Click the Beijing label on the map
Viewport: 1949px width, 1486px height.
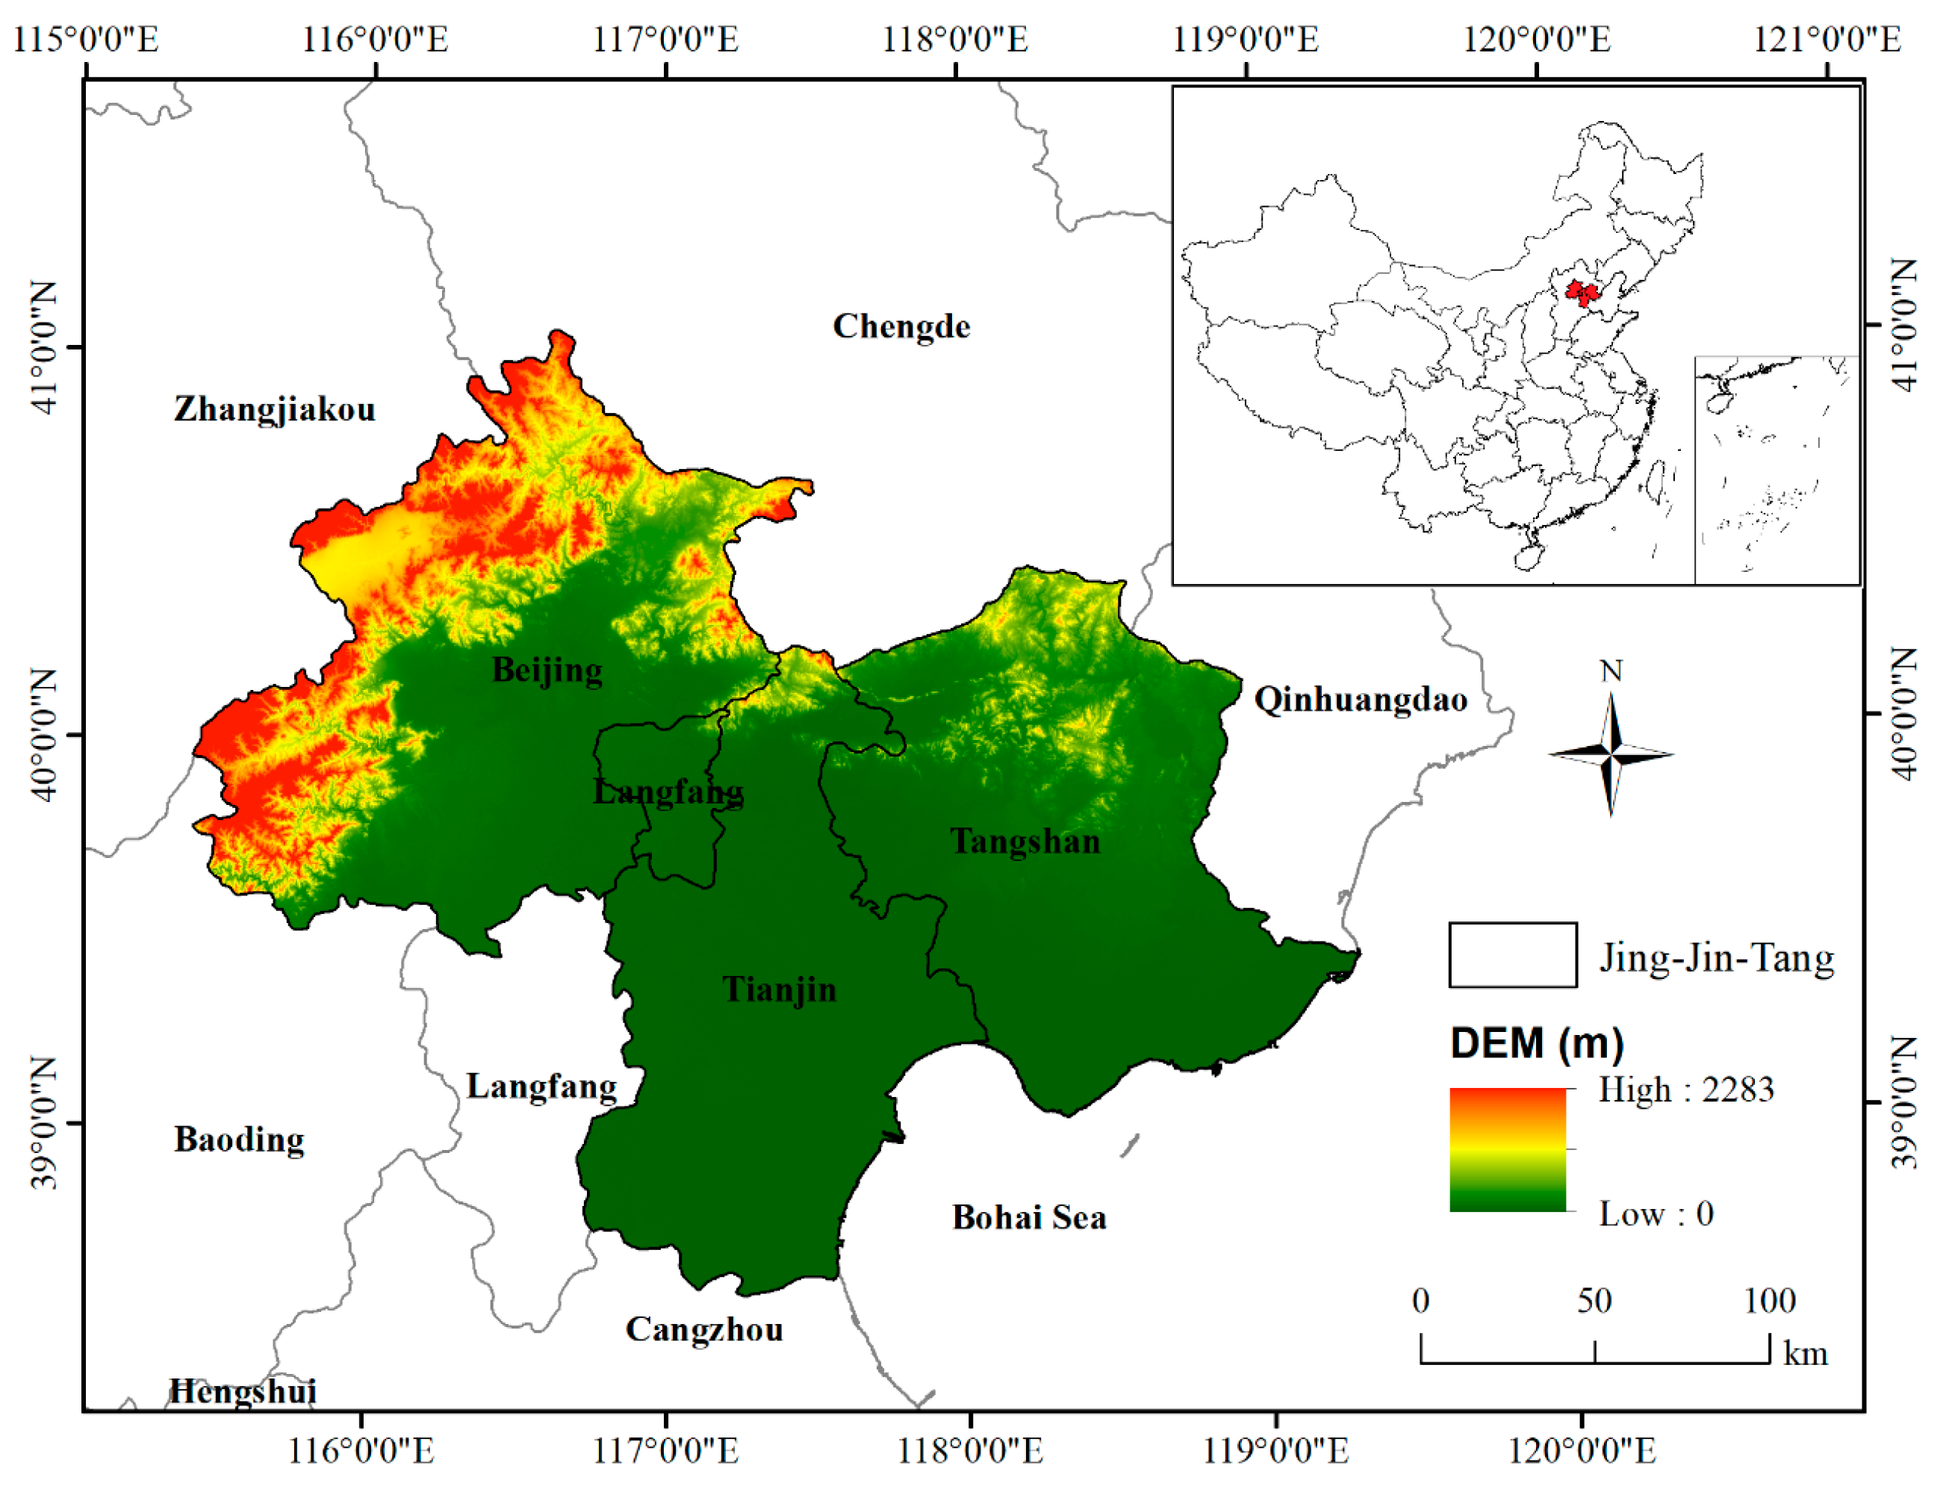(547, 670)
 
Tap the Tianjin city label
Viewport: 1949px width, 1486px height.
(779, 989)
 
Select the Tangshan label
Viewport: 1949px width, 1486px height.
(1025, 840)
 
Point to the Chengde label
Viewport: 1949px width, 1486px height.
(901, 326)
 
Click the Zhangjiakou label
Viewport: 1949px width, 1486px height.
(274, 409)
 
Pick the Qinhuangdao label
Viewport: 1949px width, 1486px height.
(1360, 700)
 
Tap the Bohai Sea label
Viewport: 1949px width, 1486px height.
(1028, 1218)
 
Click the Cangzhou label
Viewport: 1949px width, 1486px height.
(704, 1329)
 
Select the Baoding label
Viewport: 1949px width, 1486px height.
(239, 1140)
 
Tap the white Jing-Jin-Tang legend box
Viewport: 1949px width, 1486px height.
(1512, 955)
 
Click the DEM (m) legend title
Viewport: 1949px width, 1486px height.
(1536, 1044)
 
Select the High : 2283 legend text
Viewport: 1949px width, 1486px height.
(1685, 1089)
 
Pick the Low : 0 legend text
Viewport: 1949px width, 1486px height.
(1656, 1213)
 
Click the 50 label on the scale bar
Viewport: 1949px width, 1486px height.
(1594, 1301)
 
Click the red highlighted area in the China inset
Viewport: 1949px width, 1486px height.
(1579, 293)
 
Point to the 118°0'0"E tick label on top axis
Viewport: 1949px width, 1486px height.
(955, 40)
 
